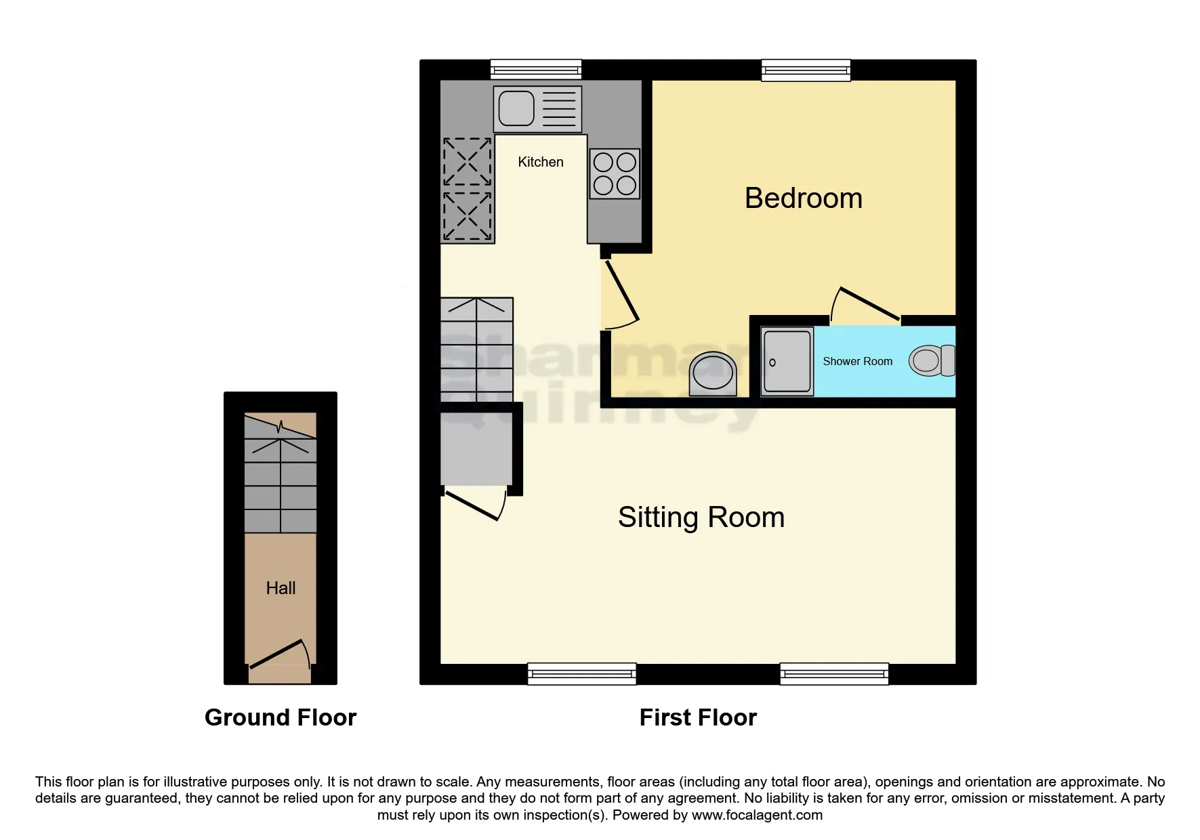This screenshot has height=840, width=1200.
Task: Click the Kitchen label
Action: coord(540,162)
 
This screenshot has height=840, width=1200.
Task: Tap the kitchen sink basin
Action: coord(516,108)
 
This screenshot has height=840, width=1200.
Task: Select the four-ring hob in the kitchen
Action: coord(615,173)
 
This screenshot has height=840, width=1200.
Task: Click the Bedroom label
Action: coord(803,198)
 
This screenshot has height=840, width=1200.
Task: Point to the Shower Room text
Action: coord(857,362)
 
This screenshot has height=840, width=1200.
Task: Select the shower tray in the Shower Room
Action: coord(787,361)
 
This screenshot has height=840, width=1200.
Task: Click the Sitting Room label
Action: coord(701,518)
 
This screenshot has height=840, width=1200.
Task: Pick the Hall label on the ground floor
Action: coord(281,588)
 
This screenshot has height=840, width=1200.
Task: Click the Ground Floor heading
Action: coord(281,717)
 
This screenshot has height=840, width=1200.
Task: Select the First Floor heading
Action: coord(698,717)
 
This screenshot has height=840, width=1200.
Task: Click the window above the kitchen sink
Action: coord(536,69)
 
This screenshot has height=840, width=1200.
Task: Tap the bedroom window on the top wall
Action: coord(806,70)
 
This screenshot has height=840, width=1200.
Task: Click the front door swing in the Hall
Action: coord(278,653)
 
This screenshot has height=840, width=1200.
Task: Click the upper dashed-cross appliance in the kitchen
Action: coord(467,162)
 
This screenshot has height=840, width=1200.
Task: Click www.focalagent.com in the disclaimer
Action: coord(757,815)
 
